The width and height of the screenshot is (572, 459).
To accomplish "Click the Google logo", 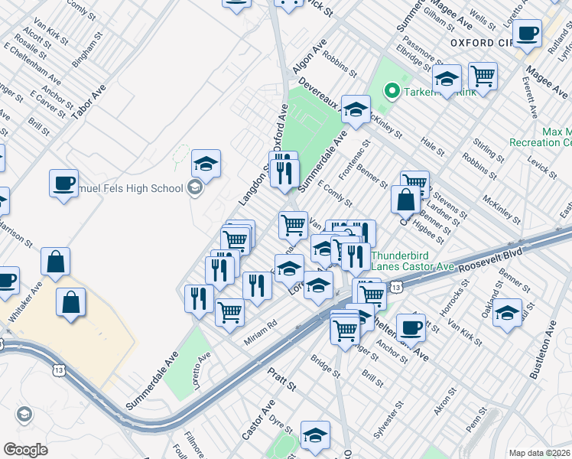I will point(25,449).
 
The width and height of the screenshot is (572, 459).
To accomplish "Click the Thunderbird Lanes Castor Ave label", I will point(412,262).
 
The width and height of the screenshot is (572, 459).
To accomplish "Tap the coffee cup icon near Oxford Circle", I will point(528,34).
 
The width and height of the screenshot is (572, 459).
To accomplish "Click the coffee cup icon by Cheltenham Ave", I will point(410,327).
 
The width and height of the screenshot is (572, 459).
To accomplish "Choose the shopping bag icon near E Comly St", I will point(405,200).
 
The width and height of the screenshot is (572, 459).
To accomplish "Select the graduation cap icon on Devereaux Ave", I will point(356,109).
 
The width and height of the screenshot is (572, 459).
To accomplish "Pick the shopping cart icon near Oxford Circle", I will point(483,76).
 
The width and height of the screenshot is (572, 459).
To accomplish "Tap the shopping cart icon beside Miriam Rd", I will point(229,311).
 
